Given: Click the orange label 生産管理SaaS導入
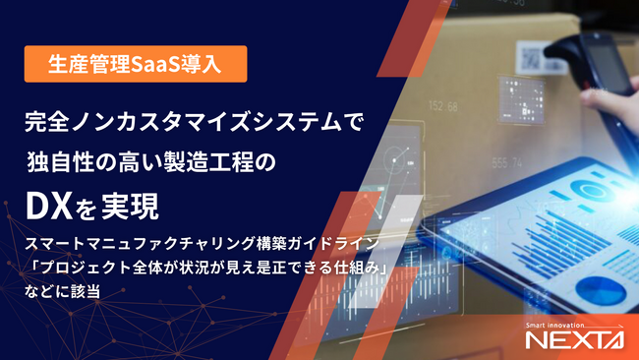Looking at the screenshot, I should pos(134,65).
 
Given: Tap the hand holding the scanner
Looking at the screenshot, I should pos(615,98).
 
